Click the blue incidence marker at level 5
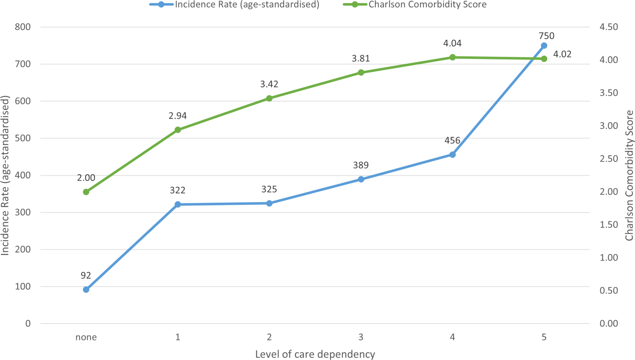click(544, 46)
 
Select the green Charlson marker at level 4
click(452, 57)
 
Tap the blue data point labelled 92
click(86, 290)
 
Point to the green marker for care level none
click(86, 192)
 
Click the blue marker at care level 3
click(361, 179)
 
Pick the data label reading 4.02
click(562, 54)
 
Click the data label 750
click(546, 36)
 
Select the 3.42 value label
click(269, 84)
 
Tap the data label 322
click(178, 190)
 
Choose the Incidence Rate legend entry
click(234, 5)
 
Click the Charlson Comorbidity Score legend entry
click(415, 5)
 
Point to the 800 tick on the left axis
click(23, 27)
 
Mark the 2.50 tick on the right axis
click(609, 159)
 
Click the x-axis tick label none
click(86, 337)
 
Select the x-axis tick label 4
click(452, 337)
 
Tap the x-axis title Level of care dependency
click(315, 354)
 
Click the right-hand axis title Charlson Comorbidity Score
click(629, 176)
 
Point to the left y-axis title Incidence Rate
click(5, 176)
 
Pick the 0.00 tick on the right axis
click(609, 324)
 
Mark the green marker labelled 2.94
click(178, 130)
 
